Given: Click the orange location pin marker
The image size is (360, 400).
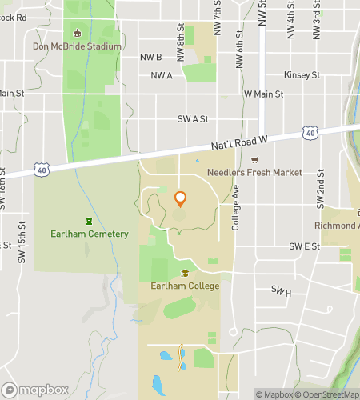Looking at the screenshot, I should (x=180, y=199).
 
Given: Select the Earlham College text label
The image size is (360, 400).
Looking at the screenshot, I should (x=185, y=285).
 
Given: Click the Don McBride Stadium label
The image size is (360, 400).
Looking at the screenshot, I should (x=78, y=46).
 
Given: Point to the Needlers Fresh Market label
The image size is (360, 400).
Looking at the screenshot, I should (x=254, y=172).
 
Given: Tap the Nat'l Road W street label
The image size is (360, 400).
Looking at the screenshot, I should (x=238, y=142).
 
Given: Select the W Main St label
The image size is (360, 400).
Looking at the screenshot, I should (x=263, y=94).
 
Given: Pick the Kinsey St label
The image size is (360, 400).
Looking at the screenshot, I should (x=302, y=75).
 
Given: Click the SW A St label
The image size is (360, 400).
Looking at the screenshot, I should (x=193, y=118).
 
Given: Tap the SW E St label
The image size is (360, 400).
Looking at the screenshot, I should (x=304, y=246).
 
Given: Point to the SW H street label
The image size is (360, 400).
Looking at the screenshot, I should (x=281, y=290).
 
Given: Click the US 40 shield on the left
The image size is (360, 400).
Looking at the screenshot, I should (x=40, y=168).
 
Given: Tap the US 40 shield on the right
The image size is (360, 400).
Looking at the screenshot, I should (x=310, y=132).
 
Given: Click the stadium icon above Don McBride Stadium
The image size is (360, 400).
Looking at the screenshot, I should (x=78, y=33).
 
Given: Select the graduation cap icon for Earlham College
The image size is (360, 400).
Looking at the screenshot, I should (x=185, y=274).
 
